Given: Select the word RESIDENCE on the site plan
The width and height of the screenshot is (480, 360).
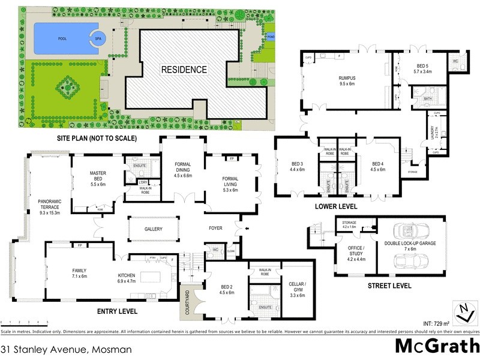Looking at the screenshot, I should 184,69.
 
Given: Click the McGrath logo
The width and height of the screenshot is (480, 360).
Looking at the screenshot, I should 436,346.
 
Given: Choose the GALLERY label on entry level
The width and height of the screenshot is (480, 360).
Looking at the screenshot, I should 154,229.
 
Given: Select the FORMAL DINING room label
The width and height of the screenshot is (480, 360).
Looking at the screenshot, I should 182,171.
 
